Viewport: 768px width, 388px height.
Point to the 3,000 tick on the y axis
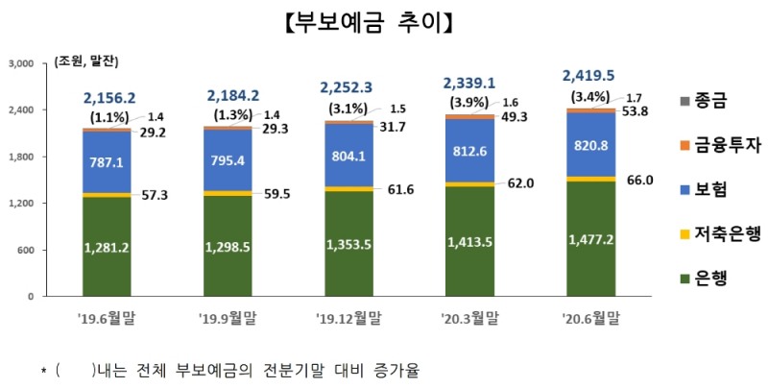tap(20, 63)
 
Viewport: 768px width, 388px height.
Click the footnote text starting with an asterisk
tap(230, 370)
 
